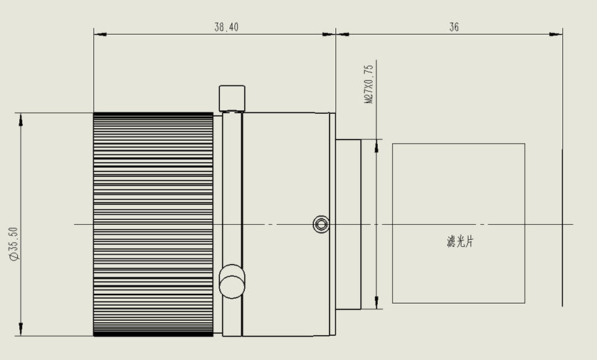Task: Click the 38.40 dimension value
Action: point(226,27)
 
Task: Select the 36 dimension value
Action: point(454,27)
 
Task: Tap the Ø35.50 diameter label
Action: point(14,243)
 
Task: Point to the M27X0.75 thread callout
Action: point(369,84)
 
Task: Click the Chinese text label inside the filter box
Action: point(460,241)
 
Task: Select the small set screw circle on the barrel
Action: point(321,224)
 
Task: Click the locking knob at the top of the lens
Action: point(232,99)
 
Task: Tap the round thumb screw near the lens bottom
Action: point(232,282)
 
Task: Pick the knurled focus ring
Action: point(153,224)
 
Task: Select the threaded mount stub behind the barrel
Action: point(349,224)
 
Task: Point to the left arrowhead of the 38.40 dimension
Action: point(100,34)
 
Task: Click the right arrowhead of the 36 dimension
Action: point(556,34)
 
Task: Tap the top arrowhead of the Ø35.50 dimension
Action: point(21,120)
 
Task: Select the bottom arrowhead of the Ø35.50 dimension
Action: point(21,329)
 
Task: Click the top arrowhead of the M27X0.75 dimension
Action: point(376,146)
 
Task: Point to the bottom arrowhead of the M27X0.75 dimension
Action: point(376,302)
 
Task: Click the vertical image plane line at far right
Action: point(562,228)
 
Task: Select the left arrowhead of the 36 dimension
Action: point(343,34)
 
